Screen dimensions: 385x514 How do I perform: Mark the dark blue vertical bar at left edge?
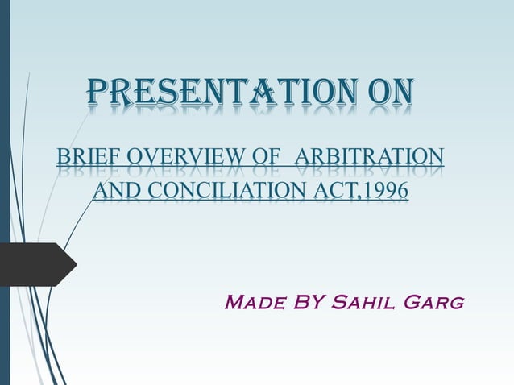click(4, 192)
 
